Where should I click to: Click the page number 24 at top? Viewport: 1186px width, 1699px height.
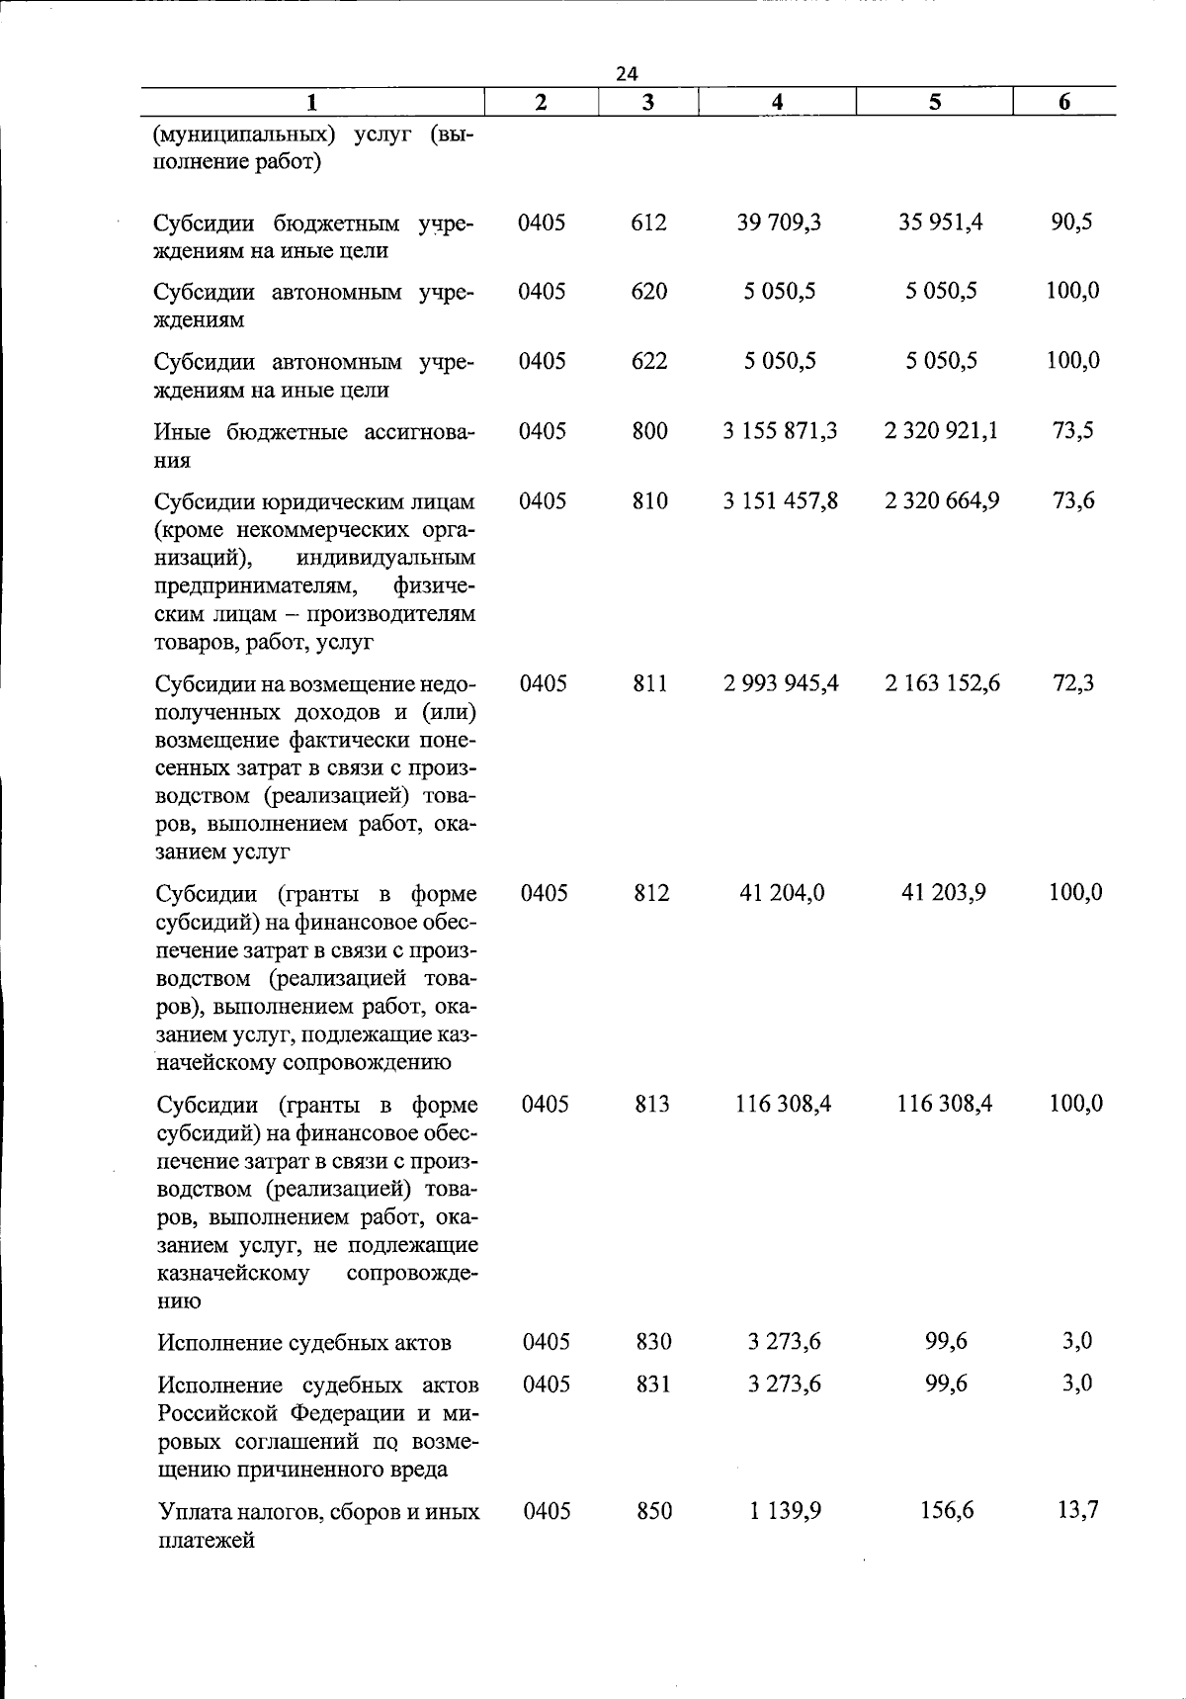pyautogui.click(x=627, y=73)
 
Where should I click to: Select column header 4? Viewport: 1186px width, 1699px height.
pyautogui.click(x=778, y=102)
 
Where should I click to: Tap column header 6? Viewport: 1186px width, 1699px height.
pyautogui.click(x=1063, y=102)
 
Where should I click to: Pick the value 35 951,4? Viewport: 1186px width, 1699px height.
pyautogui.click(x=941, y=223)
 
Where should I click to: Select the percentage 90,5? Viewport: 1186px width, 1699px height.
pyautogui.click(x=1071, y=223)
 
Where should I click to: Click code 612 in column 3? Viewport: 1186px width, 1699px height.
pyautogui.click(x=649, y=223)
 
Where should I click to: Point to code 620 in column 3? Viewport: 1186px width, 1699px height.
pyautogui.click(x=649, y=292)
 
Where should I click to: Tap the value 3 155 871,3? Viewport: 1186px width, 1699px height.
pyautogui.click(x=780, y=431)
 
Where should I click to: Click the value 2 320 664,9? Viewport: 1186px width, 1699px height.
pyautogui.click(x=942, y=501)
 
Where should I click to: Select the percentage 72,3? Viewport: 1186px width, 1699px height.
pyautogui.click(x=1073, y=683)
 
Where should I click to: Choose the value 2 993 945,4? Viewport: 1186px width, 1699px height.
pyautogui.click(x=781, y=683)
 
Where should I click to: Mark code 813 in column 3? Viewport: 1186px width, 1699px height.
pyautogui.click(x=652, y=1104)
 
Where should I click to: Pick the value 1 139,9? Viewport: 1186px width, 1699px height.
pyautogui.click(x=785, y=1511)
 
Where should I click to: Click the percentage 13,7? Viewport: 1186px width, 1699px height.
pyautogui.click(x=1077, y=1511)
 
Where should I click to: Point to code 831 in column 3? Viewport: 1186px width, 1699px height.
pyautogui.click(x=653, y=1384)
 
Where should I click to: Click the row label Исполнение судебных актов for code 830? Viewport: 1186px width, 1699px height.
pyautogui.click(x=304, y=1343)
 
